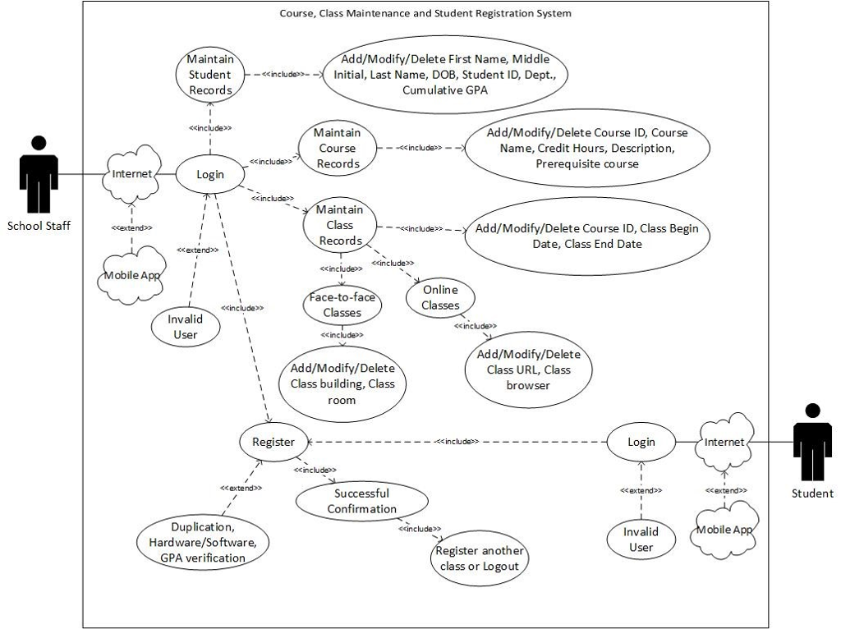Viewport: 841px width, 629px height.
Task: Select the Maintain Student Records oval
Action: (209, 75)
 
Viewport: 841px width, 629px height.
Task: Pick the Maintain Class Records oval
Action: (339, 225)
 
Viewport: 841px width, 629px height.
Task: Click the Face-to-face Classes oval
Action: (342, 305)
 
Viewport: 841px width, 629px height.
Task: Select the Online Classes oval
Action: (440, 298)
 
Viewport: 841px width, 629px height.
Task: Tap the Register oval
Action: (273, 442)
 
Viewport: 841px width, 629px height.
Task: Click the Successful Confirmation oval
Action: (361, 501)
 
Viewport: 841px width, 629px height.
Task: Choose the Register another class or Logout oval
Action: (479, 559)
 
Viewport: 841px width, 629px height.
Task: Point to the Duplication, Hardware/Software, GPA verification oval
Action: (203, 542)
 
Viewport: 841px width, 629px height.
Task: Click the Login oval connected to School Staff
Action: (210, 173)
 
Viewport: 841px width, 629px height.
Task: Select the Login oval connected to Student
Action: (641, 442)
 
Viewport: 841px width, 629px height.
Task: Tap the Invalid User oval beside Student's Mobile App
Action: (641, 539)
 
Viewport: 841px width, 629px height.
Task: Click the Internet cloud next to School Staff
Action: (132, 173)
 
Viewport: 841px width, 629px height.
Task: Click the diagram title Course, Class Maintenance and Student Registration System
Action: (425, 13)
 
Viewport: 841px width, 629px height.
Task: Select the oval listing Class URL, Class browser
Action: (527, 369)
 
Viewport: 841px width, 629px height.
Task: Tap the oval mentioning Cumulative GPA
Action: (446, 75)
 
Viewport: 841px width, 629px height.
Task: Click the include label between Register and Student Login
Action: (457, 441)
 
